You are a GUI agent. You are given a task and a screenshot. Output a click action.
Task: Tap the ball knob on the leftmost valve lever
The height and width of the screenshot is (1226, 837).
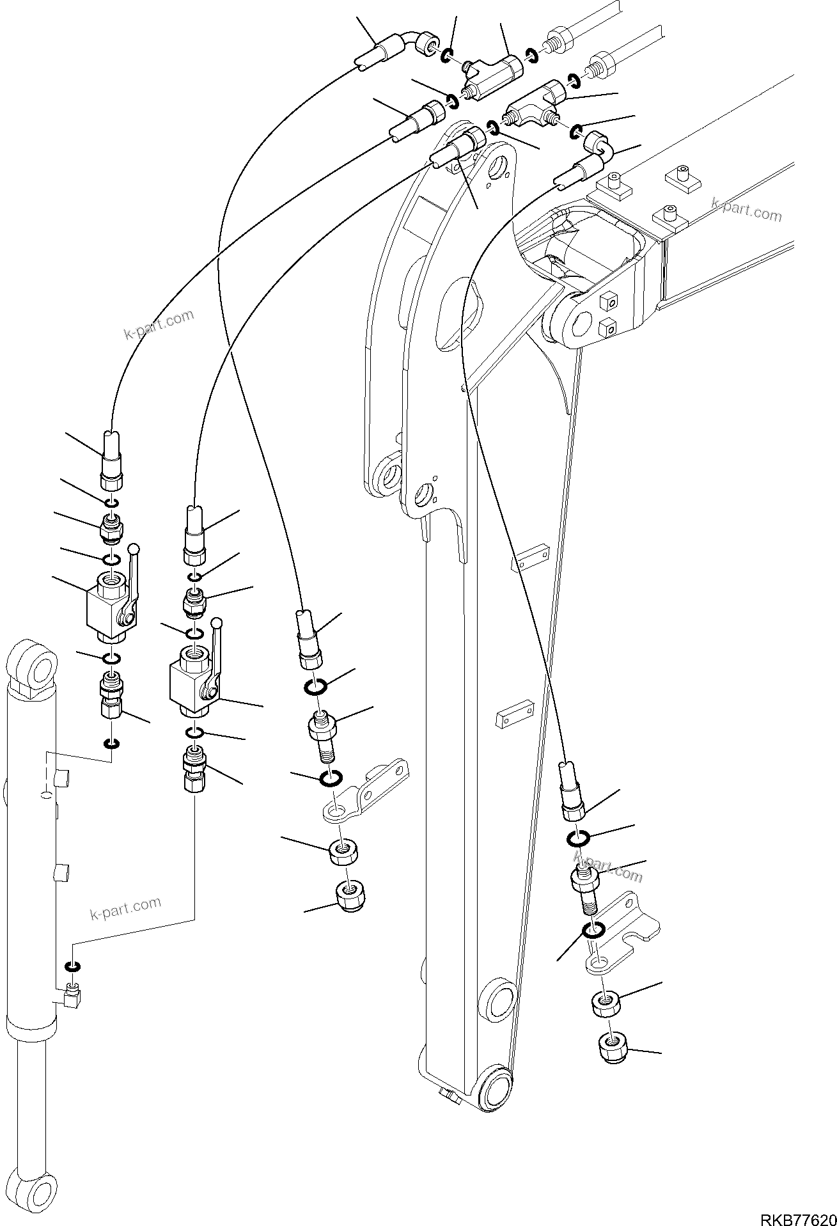[x=134, y=549]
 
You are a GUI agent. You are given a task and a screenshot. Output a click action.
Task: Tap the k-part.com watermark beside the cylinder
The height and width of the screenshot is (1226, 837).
[x=125, y=908]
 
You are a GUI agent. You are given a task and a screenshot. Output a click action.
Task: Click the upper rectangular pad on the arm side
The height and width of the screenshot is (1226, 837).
[x=531, y=556]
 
